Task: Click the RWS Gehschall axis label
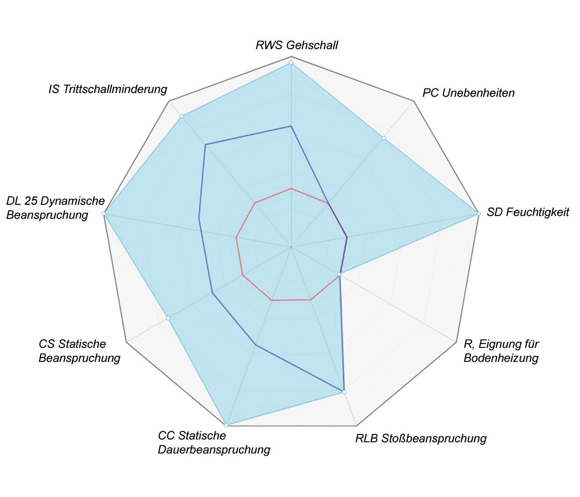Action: [x=297, y=45]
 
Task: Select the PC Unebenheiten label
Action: [x=468, y=93]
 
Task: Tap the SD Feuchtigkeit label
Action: [x=528, y=212]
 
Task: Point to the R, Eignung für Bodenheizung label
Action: [x=501, y=351]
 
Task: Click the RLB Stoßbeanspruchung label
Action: [x=421, y=439]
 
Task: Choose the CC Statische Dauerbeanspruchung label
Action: [x=214, y=443]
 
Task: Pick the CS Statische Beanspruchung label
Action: [x=79, y=351]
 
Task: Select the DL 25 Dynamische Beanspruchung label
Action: [x=55, y=208]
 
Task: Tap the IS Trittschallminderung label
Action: [x=108, y=89]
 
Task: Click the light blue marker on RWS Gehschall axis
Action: [x=291, y=63]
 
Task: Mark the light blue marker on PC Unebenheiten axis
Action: [x=384, y=138]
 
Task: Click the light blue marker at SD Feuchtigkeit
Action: [x=478, y=214]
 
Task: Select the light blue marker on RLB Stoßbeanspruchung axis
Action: [x=344, y=392]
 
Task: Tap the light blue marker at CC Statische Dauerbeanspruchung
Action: [x=226, y=425]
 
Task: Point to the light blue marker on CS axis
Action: [x=168, y=318]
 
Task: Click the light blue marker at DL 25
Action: [x=104, y=214]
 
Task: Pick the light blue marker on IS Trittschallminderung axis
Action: [x=181, y=116]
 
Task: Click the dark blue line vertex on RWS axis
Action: [x=291, y=126]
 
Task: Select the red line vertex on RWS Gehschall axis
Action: [x=291, y=188]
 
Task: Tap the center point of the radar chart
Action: [x=291, y=246]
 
